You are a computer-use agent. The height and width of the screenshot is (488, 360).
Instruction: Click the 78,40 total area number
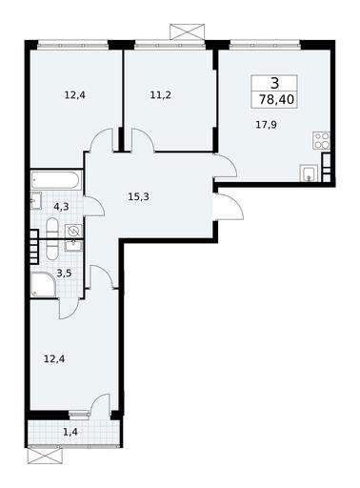[276, 100]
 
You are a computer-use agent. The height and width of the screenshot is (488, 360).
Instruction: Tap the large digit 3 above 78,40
[275, 83]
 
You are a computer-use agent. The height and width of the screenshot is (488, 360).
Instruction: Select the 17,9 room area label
[266, 125]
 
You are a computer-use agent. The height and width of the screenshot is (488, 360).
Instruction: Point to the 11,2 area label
[161, 94]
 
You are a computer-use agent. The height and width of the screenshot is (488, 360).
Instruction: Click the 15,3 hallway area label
[138, 197]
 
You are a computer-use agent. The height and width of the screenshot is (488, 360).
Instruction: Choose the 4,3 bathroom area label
[61, 207]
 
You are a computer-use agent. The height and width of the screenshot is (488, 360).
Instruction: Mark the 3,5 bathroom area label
[64, 273]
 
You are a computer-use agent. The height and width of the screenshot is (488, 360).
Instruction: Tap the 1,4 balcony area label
[70, 432]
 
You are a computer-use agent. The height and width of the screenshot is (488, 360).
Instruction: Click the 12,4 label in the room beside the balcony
[54, 359]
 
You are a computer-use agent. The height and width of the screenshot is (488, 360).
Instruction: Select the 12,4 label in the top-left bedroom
[75, 94]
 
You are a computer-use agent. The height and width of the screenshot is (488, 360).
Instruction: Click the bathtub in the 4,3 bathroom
[56, 180]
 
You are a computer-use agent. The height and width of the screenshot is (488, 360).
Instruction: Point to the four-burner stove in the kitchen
[322, 141]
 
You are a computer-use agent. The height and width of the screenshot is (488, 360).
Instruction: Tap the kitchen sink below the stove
[309, 173]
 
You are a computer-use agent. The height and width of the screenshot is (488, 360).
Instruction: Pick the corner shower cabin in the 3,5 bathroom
[44, 284]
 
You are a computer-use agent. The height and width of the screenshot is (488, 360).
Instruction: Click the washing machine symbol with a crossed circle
[73, 231]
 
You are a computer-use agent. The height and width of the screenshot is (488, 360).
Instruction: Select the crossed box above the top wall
[187, 31]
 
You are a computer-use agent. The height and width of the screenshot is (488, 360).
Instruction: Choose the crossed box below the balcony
[44, 456]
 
